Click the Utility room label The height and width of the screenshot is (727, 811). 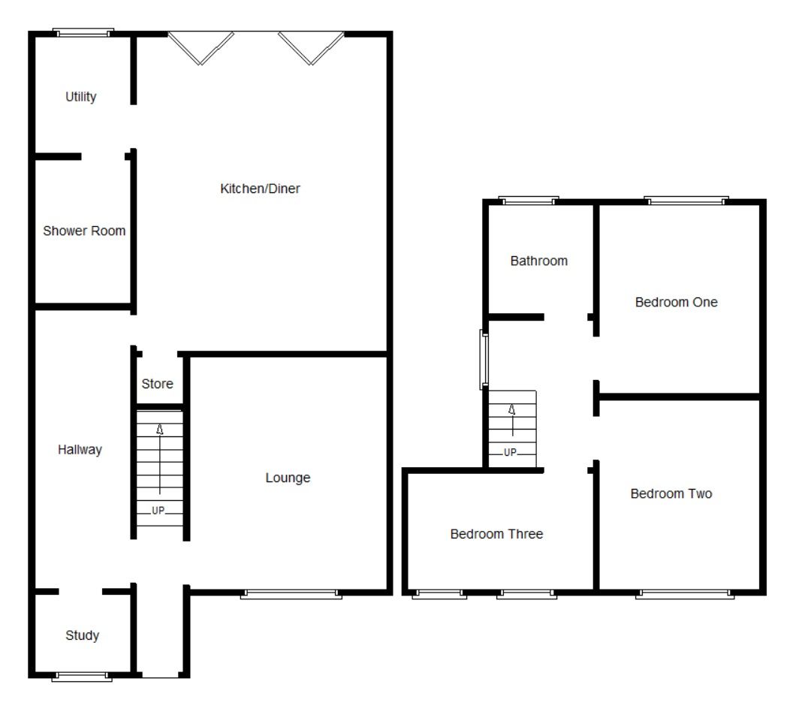[80, 97]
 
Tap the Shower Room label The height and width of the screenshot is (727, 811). [84, 231]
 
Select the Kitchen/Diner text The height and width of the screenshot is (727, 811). [260, 189]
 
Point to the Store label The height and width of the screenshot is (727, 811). [157, 384]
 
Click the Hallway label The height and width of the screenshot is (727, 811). [80, 450]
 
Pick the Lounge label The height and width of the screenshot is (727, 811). [288, 478]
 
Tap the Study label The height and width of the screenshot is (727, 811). [83, 635]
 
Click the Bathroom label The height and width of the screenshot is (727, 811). [539, 261]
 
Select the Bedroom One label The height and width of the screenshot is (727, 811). [677, 302]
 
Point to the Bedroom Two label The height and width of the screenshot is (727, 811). [671, 493]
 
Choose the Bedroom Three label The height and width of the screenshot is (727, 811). [496, 534]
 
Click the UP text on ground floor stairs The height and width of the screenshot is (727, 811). [158, 511]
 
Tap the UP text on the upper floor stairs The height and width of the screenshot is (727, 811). [510, 452]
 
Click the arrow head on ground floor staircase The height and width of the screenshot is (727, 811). [160, 430]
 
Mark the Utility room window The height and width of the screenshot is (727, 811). [83, 33]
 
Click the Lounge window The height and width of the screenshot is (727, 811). [291, 595]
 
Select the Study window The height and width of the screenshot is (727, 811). [82, 677]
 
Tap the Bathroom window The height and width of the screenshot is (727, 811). [529, 201]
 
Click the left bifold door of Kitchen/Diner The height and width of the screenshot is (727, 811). [201, 47]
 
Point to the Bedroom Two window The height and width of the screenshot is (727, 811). [685, 595]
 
